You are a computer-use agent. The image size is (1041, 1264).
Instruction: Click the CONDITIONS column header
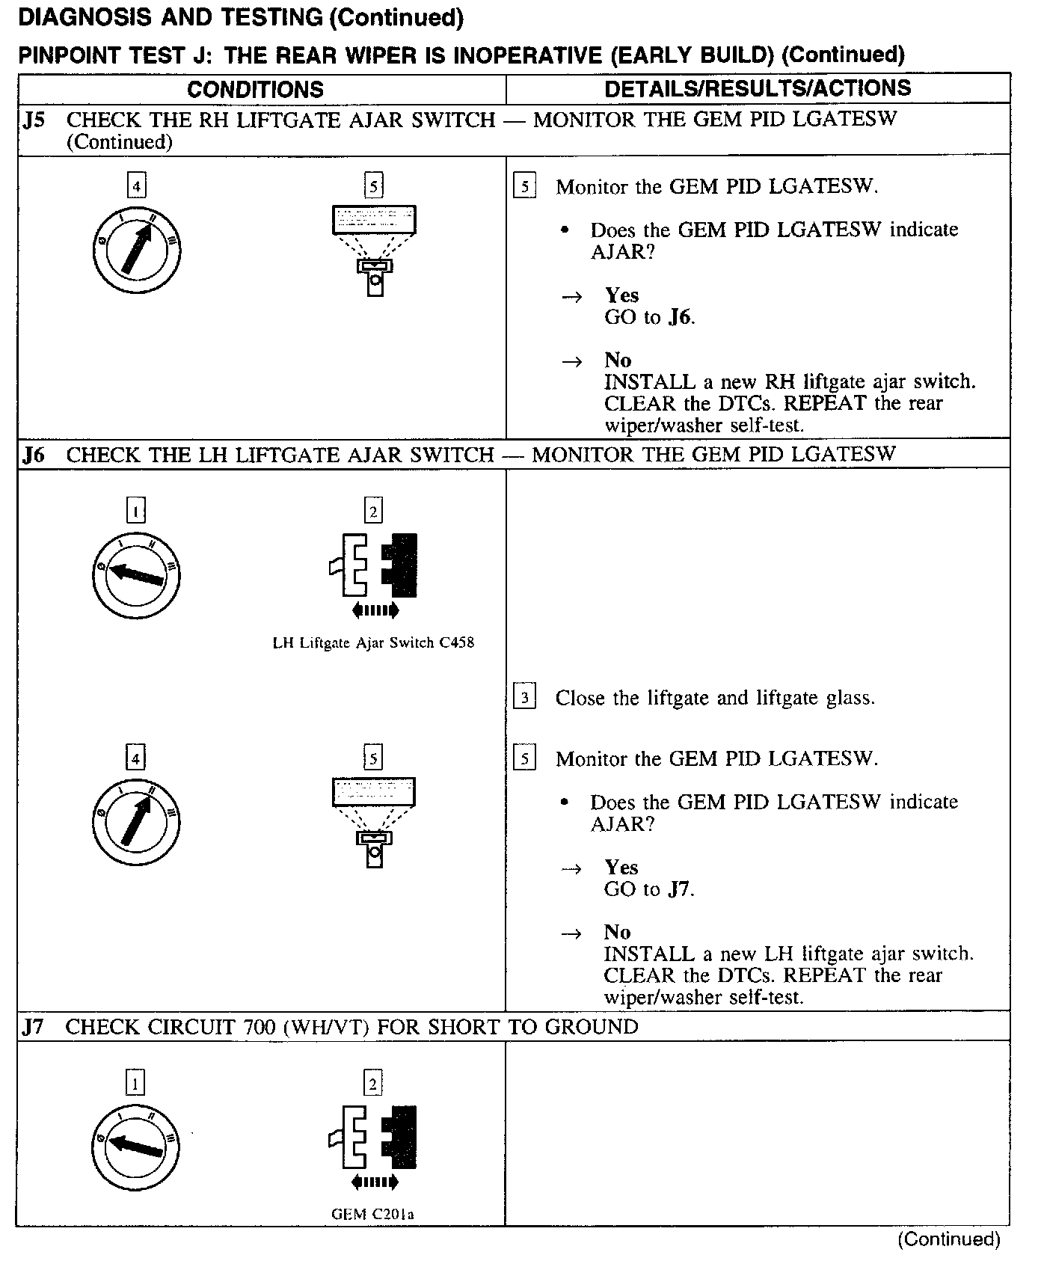coord(255,90)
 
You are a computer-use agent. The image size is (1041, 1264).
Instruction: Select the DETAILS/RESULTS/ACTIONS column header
coord(758,88)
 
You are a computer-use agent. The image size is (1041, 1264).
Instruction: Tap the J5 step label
coord(34,120)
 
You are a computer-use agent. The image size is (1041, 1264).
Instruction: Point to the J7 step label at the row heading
coord(34,1027)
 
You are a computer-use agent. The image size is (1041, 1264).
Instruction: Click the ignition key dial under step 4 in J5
coord(137,249)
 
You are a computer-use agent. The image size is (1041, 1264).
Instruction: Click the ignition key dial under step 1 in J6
coord(136,574)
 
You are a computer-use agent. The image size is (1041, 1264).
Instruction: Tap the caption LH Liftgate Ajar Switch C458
coord(373,642)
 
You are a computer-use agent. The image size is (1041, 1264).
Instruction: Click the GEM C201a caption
coord(372,1214)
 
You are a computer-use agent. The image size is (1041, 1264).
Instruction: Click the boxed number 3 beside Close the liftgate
coord(525,698)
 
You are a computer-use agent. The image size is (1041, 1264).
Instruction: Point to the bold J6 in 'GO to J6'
coord(679,317)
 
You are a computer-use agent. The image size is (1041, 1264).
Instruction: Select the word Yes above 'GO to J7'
coord(621,868)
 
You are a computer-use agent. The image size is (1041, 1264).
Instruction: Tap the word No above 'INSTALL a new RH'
coord(618,361)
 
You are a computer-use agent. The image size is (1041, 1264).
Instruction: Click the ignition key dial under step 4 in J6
coord(136,821)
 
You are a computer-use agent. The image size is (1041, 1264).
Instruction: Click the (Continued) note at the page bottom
coord(948,1239)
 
